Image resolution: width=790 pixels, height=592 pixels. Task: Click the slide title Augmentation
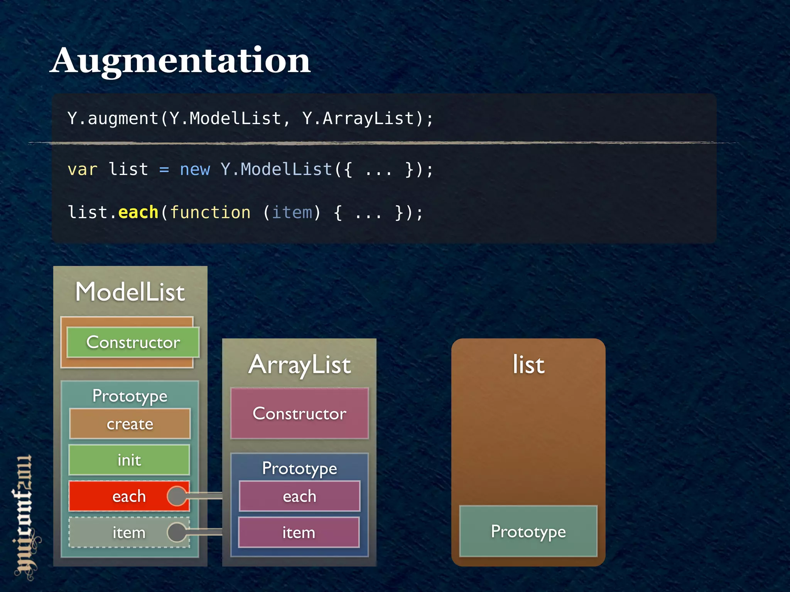(180, 61)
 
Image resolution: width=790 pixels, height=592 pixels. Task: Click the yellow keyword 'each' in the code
(138, 212)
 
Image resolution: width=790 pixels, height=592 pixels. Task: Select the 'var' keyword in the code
(82, 170)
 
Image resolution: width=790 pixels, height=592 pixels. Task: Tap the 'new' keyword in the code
(195, 170)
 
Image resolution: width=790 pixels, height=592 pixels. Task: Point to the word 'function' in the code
(210, 212)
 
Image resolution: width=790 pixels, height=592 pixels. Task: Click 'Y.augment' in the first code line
(113, 118)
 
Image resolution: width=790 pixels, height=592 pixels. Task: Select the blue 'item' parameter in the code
(292, 212)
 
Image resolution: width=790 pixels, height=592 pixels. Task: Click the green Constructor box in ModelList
(133, 342)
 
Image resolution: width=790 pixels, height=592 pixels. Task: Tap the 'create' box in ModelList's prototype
(130, 424)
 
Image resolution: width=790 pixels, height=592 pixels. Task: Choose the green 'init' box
(129, 460)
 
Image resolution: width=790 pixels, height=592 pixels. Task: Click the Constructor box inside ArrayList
(300, 414)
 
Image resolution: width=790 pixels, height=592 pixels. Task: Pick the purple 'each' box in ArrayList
(300, 496)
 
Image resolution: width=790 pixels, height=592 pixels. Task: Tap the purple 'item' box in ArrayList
(299, 533)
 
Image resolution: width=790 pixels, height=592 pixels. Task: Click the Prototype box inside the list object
(528, 531)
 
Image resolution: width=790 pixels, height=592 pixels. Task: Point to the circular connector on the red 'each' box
(177, 496)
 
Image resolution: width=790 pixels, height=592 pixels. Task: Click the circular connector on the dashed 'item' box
(177, 532)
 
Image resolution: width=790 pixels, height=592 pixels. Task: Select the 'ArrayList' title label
(300, 365)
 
